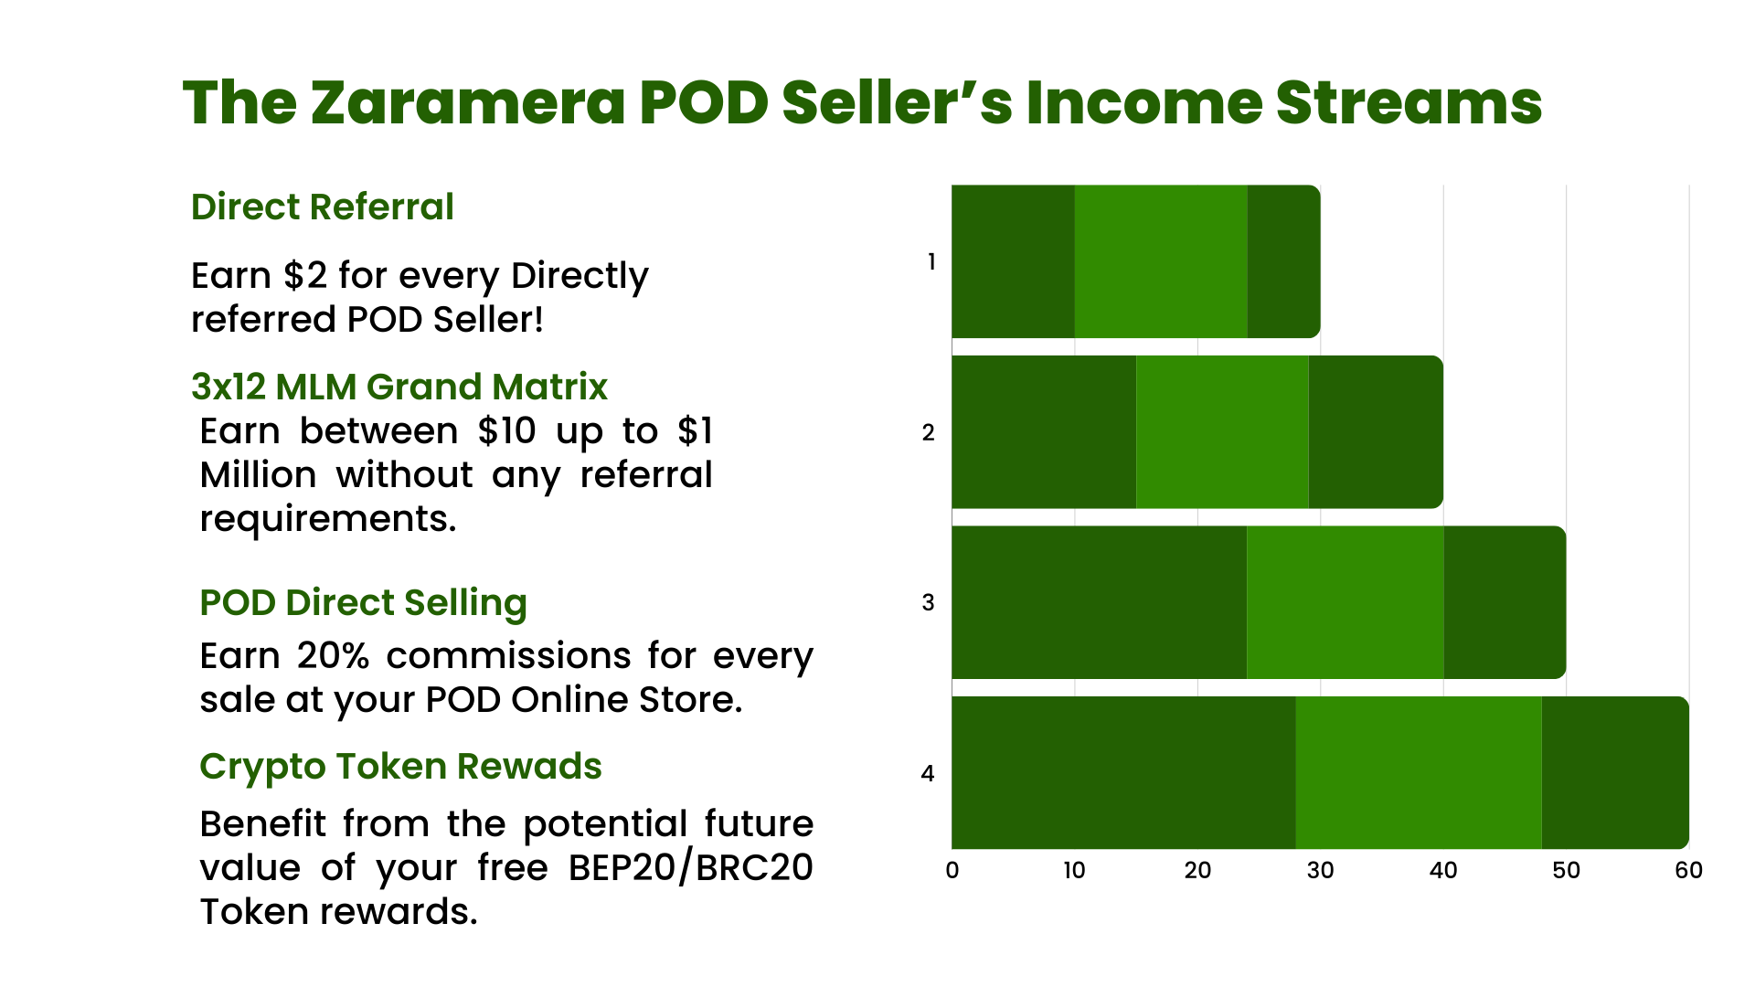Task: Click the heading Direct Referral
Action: pos(323,207)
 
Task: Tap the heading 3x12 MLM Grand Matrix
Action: pos(399,387)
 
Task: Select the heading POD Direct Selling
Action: pos(364,604)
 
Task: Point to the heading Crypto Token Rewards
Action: pos(401,768)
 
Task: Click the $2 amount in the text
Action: pos(305,276)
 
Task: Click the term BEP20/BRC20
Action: pos(691,868)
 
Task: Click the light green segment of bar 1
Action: pos(1161,261)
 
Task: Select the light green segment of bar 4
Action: pos(1419,773)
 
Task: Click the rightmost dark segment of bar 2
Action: pos(1376,432)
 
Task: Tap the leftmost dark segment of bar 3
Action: pos(1100,602)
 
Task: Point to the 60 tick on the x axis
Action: pos(1688,870)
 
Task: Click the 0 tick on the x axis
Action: pos(952,870)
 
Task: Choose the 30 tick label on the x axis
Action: pos(1321,870)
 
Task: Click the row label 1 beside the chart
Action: pos(931,262)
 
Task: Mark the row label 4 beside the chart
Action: pos(928,774)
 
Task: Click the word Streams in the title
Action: pos(1409,102)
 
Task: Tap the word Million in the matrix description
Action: pos(259,475)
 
